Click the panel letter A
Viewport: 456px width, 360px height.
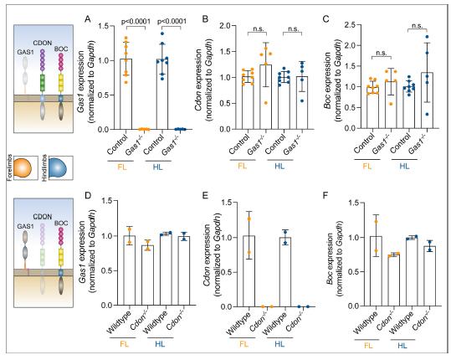88,19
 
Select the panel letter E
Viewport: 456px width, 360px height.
205,195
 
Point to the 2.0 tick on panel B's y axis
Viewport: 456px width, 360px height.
225,26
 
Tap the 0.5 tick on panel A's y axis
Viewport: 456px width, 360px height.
104,95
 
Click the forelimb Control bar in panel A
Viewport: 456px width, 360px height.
126,94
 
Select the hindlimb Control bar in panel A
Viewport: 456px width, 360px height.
162,95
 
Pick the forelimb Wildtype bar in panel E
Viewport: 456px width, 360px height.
249,271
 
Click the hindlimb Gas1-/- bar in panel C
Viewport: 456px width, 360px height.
427,100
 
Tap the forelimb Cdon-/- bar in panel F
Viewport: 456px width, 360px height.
394,280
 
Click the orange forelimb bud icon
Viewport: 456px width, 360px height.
23,168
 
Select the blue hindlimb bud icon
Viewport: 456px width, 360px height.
57,168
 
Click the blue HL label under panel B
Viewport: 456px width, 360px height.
279,167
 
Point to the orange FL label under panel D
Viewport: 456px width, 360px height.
124,344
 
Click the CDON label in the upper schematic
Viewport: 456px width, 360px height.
43,43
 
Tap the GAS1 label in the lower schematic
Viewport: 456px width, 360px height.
25,226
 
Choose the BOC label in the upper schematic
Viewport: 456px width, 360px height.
61,49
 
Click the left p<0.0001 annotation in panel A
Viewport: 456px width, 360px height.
136,21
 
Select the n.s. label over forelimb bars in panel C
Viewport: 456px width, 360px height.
382,53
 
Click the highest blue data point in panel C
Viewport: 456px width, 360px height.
427,37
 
